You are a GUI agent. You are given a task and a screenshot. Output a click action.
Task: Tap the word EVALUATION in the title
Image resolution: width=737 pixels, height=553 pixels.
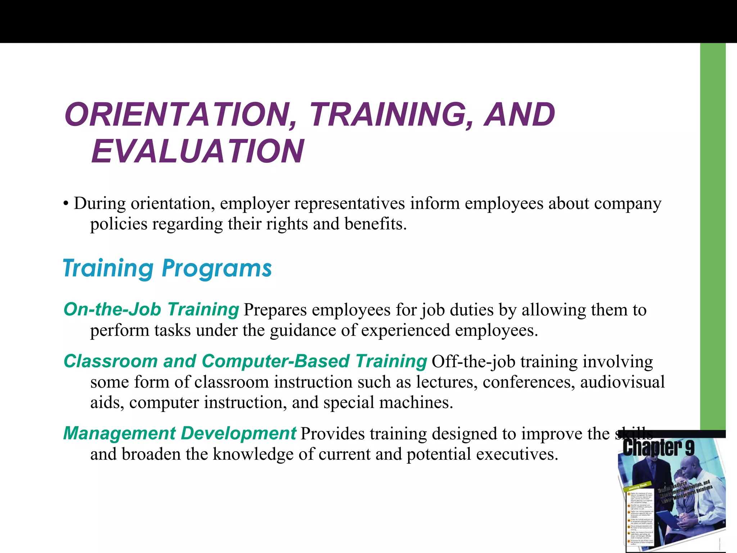(198, 151)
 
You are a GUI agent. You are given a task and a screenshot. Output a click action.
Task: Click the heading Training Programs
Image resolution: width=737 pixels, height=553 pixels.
(167, 268)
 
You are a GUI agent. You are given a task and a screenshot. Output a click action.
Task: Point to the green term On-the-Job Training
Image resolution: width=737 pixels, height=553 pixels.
(151, 309)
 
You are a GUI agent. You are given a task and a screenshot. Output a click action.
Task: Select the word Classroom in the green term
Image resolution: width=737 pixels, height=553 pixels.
(110, 361)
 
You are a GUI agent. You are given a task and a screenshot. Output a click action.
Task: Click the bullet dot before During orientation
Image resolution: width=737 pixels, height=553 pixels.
(65, 204)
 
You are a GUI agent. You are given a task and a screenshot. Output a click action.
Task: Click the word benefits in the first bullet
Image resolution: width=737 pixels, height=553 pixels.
(375, 224)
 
